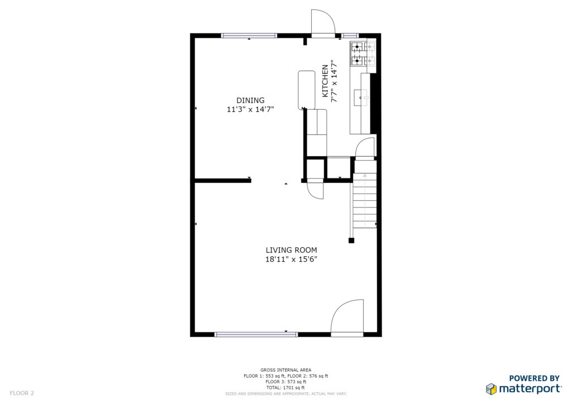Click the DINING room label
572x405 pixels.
point(250,100)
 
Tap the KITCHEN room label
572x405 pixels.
point(325,81)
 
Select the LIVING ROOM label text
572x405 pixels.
point(291,250)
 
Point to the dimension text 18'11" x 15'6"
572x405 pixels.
point(291,260)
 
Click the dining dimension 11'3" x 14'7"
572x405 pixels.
point(250,109)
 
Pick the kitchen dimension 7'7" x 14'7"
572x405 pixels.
point(333,81)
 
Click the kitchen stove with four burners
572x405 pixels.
point(363,53)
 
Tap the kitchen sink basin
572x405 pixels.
point(361,97)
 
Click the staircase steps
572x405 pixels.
point(364,200)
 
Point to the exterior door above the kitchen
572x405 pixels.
point(323,22)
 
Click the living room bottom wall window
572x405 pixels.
point(256,334)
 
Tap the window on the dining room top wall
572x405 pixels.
point(249,35)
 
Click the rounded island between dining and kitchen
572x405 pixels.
point(307,90)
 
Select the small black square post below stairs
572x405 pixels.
point(351,241)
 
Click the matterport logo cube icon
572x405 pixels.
point(491,389)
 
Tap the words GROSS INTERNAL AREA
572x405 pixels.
point(285,370)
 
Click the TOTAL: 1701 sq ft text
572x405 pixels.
point(285,388)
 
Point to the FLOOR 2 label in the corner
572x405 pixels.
point(22,393)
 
